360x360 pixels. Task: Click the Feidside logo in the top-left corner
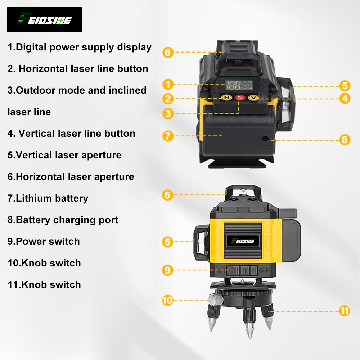click(x=44, y=19)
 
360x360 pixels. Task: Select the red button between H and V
click(x=239, y=98)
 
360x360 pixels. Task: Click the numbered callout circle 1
click(x=168, y=85)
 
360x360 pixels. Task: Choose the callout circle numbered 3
click(x=168, y=113)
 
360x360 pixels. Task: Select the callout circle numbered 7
click(x=168, y=136)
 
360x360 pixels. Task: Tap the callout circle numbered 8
click(x=345, y=139)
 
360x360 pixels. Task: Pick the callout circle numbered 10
click(x=168, y=300)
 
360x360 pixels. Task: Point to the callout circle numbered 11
click(x=345, y=310)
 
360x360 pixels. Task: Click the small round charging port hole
click(x=265, y=139)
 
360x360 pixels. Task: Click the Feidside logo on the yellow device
click(x=243, y=239)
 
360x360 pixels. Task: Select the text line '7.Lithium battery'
click(x=48, y=198)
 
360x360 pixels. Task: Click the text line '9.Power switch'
click(x=44, y=241)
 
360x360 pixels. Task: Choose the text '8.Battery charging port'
click(x=63, y=220)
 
